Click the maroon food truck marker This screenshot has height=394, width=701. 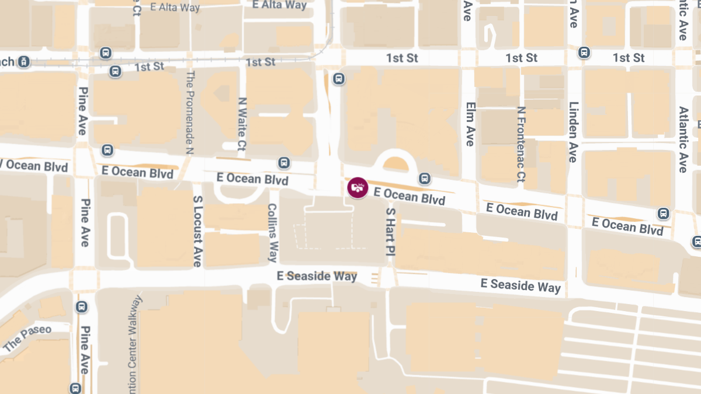[357, 188]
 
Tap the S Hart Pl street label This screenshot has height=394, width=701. [391, 230]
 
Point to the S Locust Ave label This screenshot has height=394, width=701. [197, 231]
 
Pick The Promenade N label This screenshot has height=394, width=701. [189, 113]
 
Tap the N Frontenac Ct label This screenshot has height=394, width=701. [521, 144]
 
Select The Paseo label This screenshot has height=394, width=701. [27, 338]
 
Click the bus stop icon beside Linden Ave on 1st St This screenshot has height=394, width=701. [584, 53]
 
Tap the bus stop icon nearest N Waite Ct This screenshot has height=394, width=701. [284, 163]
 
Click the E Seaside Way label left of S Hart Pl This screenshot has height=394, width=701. [317, 276]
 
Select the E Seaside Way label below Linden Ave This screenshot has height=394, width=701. [520, 285]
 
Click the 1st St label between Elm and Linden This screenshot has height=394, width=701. [522, 58]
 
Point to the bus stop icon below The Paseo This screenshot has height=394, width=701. [75, 388]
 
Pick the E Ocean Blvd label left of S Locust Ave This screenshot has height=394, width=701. [137, 173]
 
